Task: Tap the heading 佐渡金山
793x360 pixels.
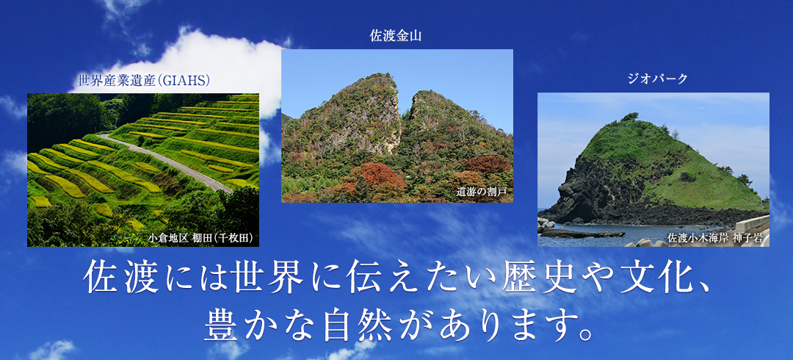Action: coord(396,35)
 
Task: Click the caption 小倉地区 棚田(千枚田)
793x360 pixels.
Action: coord(200,237)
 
